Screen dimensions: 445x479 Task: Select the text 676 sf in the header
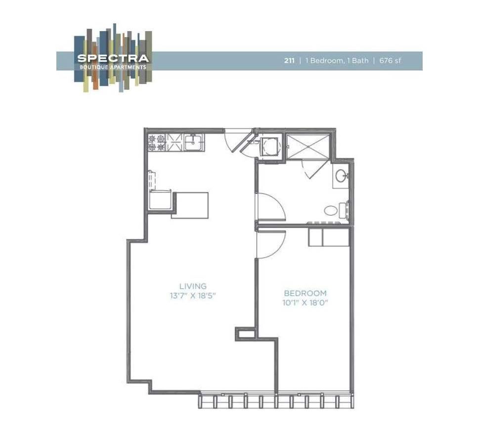click(390, 61)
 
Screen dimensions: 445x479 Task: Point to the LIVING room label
click(193, 286)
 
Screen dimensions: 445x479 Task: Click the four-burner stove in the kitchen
click(157, 142)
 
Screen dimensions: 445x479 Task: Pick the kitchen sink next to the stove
click(194, 142)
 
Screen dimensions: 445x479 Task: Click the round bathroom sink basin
click(341, 176)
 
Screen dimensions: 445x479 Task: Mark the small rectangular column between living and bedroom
click(245, 334)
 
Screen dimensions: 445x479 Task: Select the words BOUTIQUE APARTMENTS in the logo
click(113, 67)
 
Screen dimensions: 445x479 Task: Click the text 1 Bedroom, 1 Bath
click(337, 61)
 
